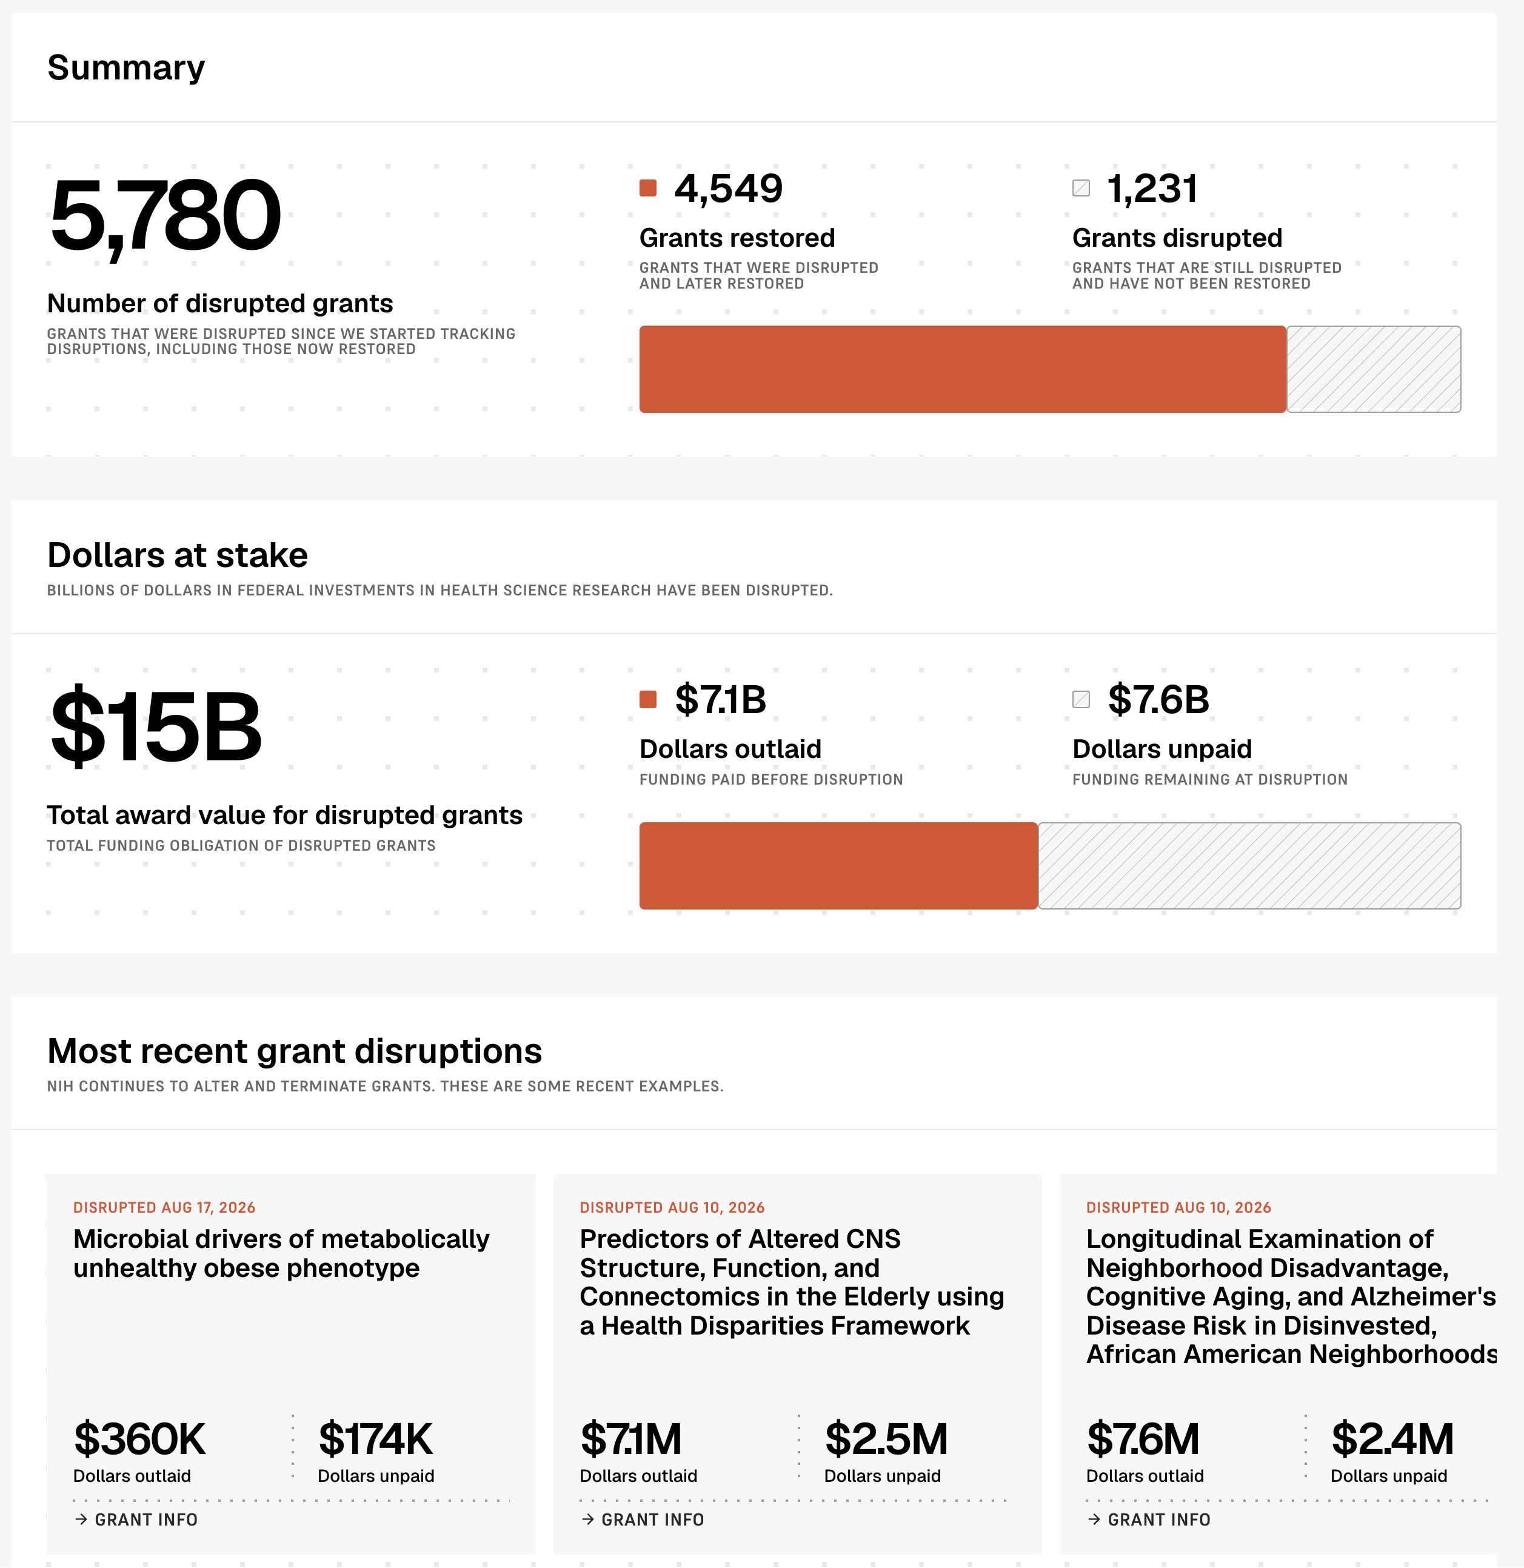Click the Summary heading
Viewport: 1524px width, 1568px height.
pyautogui.click(x=125, y=68)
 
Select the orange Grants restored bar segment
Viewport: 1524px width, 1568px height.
pyautogui.click(x=962, y=369)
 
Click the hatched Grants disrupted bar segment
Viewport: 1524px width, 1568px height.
pyautogui.click(x=1374, y=369)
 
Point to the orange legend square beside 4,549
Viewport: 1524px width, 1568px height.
pyautogui.click(x=649, y=188)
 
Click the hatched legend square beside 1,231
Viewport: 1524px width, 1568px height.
pyautogui.click(x=1081, y=188)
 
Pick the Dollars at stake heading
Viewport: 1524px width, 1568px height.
pyautogui.click(x=178, y=555)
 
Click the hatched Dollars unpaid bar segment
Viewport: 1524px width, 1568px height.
pyautogui.click(x=1249, y=865)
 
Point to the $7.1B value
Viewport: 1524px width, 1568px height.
pyautogui.click(x=720, y=700)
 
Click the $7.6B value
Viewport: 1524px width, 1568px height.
pyautogui.click(x=1158, y=700)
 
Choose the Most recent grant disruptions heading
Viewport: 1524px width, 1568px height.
pyautogui.click(x=295, y=1051)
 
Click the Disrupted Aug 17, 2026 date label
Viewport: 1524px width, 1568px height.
pyautogui.click(x=164, y=1207)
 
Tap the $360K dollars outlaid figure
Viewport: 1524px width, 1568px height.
pyautogui.click(x=139, y=1439)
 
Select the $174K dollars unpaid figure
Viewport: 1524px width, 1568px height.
pyautogui.click(x=375, y=1439)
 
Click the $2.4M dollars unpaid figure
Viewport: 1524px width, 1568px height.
pyautogui.click(x=1392, y=1439)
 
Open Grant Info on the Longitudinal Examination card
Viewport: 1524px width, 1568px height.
pyautogui.click(x=1149, y=1519)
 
